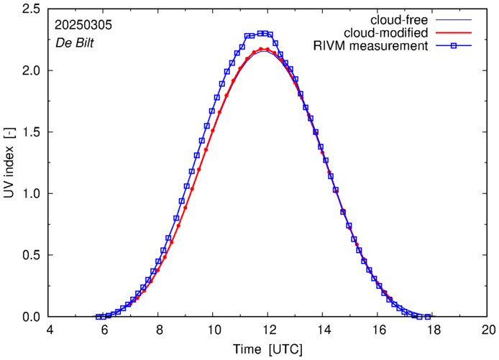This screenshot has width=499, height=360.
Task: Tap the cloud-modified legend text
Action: pos(386,33)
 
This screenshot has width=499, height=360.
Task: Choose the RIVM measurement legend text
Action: pos(371,47)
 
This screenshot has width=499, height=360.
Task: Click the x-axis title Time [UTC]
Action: pos(268,349)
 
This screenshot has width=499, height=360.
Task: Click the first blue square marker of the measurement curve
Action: pos(99,317)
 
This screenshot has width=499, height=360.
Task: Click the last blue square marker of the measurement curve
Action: pos(428,317)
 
